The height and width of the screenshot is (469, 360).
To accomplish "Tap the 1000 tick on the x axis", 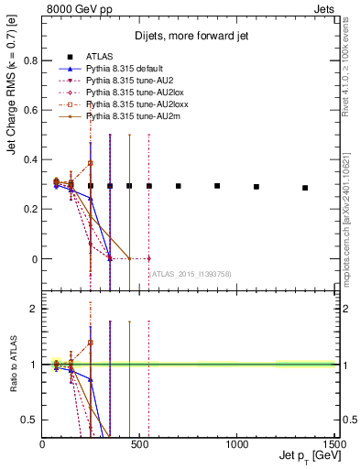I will tap(235, 443).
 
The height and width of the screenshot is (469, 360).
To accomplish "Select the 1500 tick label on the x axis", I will tap(333, 443).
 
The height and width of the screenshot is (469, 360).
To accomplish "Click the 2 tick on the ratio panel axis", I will tap(35, 309).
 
